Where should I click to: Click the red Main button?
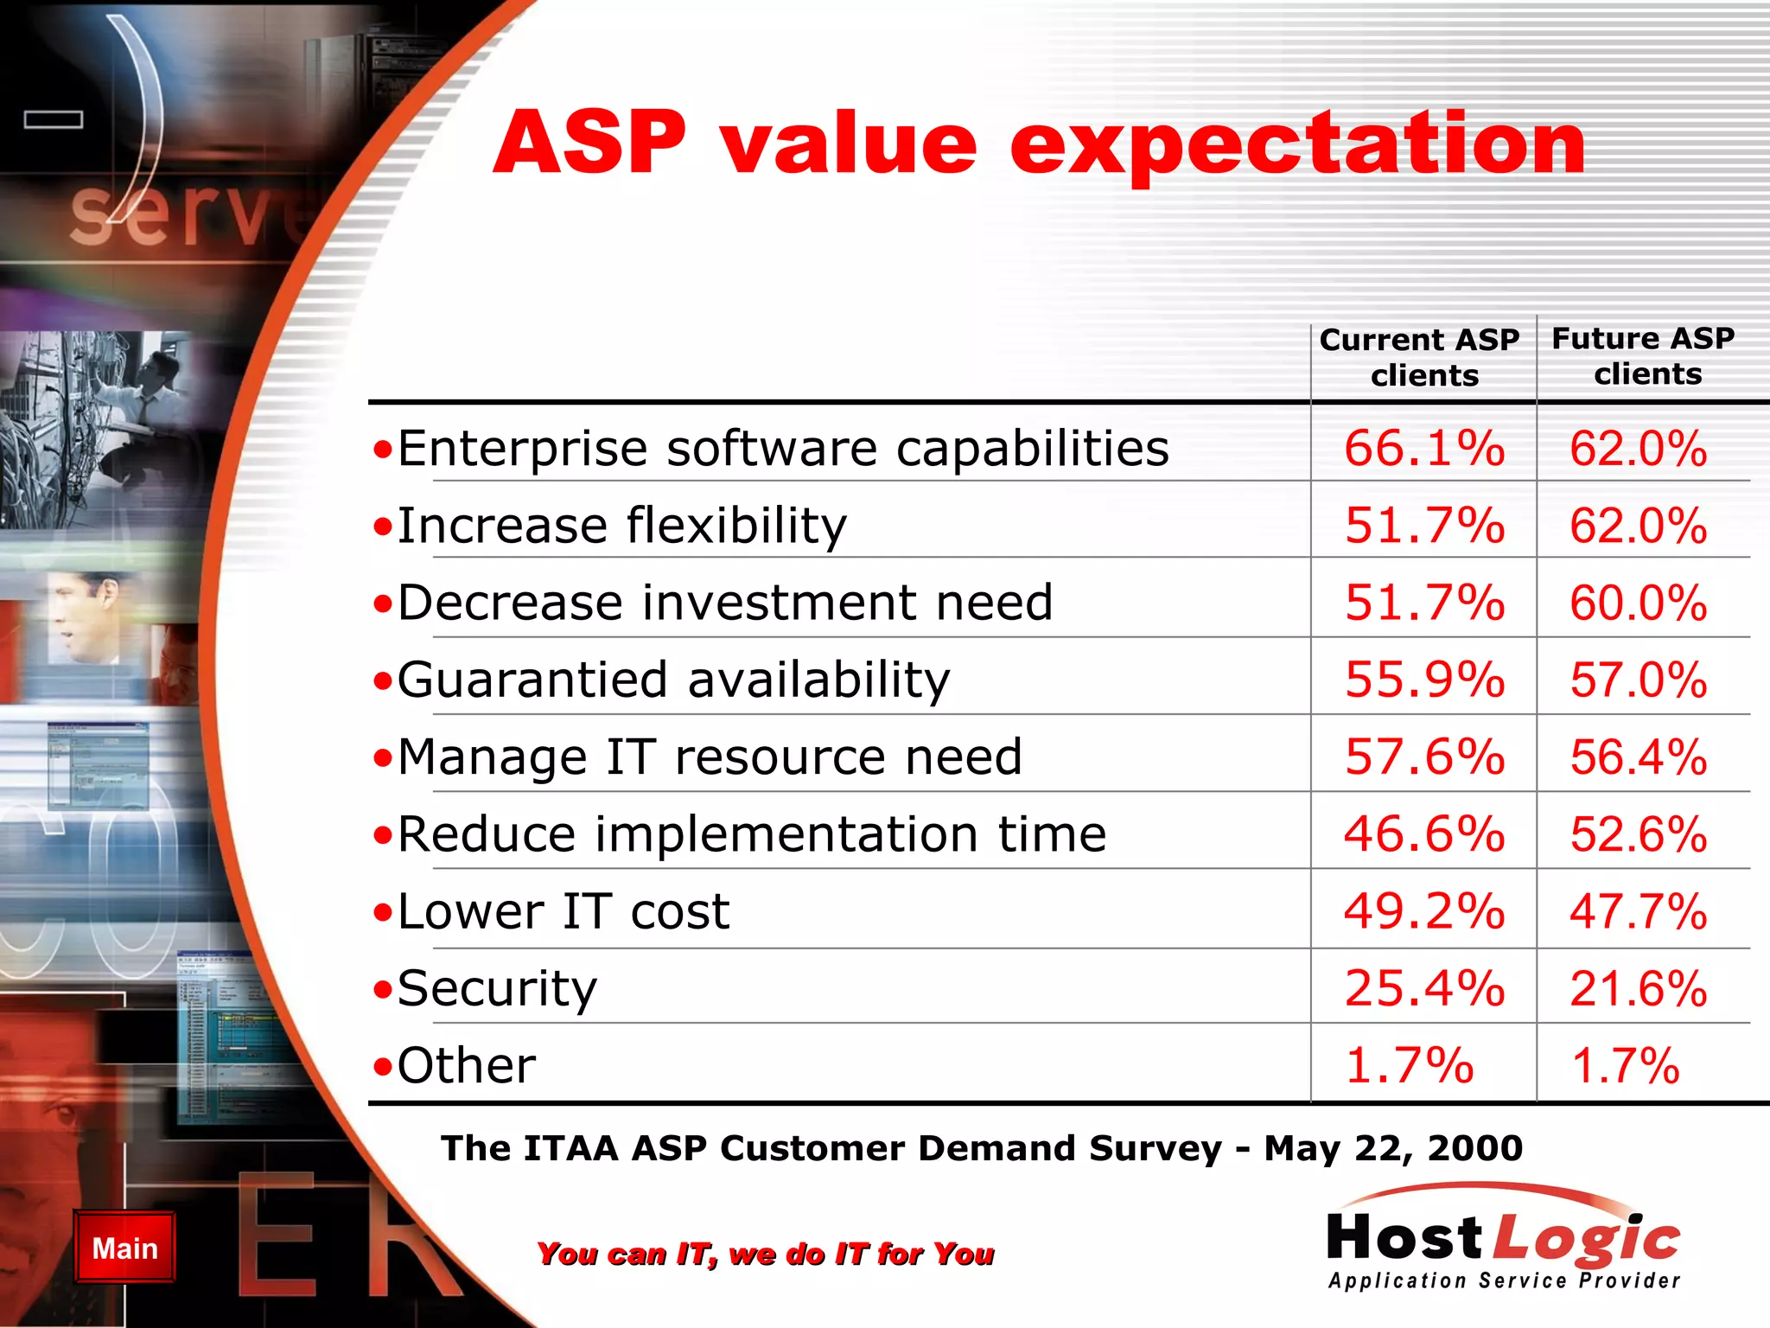point(124,1248)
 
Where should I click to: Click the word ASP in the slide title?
point(589,144)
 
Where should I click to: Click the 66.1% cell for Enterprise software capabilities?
point(1423,449)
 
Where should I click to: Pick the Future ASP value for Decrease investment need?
point(1638,603)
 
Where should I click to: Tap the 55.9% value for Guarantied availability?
point(1423,680)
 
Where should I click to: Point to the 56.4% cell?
point(1638,757)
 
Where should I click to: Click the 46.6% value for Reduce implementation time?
point(1423,834)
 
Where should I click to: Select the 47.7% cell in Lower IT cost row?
point(1638,912)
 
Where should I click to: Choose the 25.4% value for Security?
point(1423,988)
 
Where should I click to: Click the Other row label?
point(466,1066)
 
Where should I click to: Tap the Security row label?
point(497,989)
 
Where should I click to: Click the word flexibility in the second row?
point(735,526)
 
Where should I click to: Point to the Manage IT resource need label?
point(709,757)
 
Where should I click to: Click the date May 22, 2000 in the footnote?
point(1392,1148)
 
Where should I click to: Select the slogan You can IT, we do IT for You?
point(765,1254)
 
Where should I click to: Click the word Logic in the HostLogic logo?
point(1587,1240)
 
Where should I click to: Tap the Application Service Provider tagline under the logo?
point(1504,1280)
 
